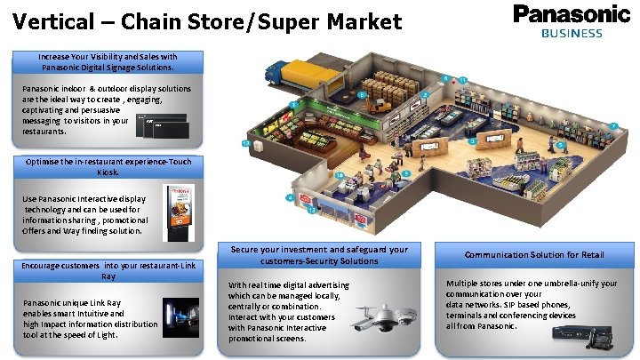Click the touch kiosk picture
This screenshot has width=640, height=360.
pos(179,212)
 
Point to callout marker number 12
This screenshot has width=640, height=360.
pos(244,143)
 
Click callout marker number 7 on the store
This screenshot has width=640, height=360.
pos(613,125)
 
